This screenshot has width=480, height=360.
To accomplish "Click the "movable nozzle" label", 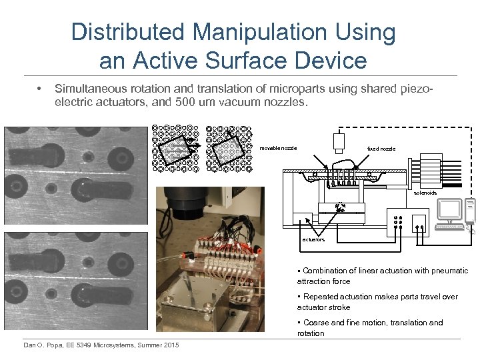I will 278,148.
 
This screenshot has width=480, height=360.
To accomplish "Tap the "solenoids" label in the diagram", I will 425,193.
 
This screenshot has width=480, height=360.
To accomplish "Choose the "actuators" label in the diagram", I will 314,239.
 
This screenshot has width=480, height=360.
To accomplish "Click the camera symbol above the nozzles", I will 339,141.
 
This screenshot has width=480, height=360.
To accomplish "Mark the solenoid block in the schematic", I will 427,171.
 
